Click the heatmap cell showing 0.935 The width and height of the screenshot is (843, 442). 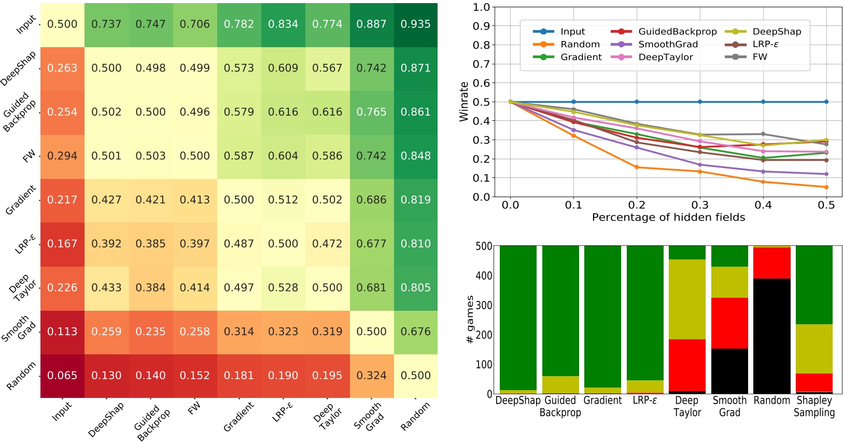(416, 24)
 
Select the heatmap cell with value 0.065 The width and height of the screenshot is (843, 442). (62, 376)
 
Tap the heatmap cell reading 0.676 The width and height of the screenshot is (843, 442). (416, 332)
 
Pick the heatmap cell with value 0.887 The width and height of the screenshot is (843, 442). (372, 24)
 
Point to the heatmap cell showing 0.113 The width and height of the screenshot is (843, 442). (62, 332)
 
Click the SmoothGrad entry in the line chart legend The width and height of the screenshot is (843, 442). (668, 45)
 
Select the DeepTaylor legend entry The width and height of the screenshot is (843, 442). (665, 57)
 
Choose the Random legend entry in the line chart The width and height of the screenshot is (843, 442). (580, 45)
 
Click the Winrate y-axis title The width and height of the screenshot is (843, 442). (463, 102)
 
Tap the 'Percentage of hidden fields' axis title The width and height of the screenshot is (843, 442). (668, 217)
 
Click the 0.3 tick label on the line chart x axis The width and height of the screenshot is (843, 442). (700, 205)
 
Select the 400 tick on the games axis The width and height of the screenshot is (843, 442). (484, 275)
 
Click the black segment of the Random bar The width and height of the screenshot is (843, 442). (771, 336)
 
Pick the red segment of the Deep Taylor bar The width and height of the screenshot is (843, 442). (687, 365)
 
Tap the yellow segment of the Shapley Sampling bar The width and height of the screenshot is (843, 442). (814, 349)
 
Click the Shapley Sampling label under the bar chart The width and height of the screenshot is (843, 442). (814, 407)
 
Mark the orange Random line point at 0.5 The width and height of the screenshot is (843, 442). (826, 187)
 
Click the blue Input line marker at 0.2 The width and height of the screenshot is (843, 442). (637, 102)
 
